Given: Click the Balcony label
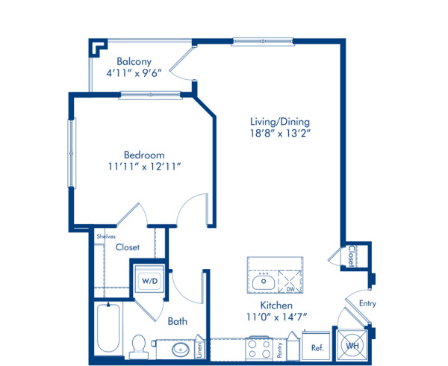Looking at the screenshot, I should click(x=134, y=62).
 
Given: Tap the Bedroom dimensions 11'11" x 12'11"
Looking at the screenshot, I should click(x=144, y=168).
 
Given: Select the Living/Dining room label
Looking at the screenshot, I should click(x=281, y=122).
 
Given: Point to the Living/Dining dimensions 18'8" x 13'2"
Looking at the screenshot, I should click(x=281, y=135).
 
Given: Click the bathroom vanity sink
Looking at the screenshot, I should click(x=180, y=348).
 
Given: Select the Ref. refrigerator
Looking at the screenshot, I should click(x=316, y=348).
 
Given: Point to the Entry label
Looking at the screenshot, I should click(x=367, y=303).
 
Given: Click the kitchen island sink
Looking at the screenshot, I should click(x=263, y=282).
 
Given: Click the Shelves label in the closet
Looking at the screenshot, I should click(x=105, y=236).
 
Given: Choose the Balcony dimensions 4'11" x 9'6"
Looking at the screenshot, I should click(x=134, y=75).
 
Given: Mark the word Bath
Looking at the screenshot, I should click(x=177, y=322).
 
